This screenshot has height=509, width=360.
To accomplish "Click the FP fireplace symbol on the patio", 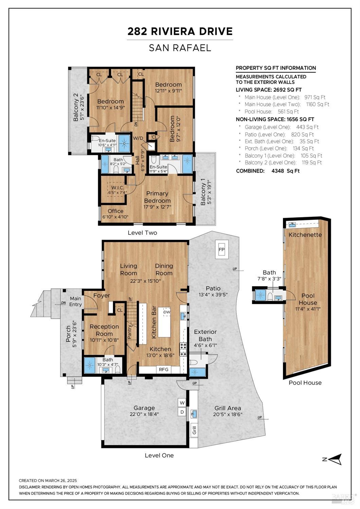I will coord(222,249).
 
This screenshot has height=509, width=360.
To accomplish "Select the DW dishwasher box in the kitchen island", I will coord(166,312).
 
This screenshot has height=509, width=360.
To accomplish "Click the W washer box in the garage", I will coord(182,403).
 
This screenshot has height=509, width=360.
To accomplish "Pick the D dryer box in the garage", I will coord(182,412).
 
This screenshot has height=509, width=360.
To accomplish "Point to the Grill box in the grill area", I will coord(194,430).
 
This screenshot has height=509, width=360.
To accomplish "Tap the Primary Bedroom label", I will coord(157,197).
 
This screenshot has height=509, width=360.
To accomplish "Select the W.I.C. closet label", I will coord(118,188).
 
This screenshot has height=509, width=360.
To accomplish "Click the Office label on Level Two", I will coord(115,211).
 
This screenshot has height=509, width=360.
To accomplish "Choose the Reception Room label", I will coord(104,330).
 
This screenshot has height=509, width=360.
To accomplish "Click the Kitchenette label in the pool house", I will coord(305,235).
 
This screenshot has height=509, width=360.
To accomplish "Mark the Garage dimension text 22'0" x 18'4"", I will coord(144,414).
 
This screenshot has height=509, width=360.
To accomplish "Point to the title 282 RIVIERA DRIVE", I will coord(180,31).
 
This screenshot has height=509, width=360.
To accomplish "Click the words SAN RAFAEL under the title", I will coord(180,48).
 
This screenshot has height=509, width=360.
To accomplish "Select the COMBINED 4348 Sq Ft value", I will coord(285,171).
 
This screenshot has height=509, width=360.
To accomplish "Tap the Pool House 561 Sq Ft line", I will coord(272,111).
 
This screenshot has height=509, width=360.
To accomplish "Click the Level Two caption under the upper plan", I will coord(142,233).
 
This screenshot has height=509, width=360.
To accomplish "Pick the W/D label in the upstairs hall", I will coord(138,138).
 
